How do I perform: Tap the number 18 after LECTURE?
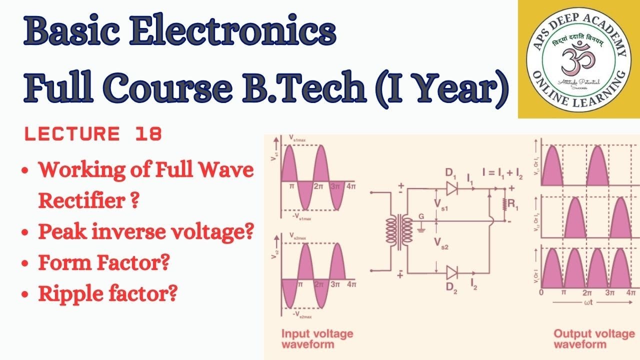pos(148,134)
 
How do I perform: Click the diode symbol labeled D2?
pos(452,272)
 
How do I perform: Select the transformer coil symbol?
pos(398,230)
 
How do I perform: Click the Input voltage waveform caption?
pos(317,338)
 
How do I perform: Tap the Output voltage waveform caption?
pos(594,338)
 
